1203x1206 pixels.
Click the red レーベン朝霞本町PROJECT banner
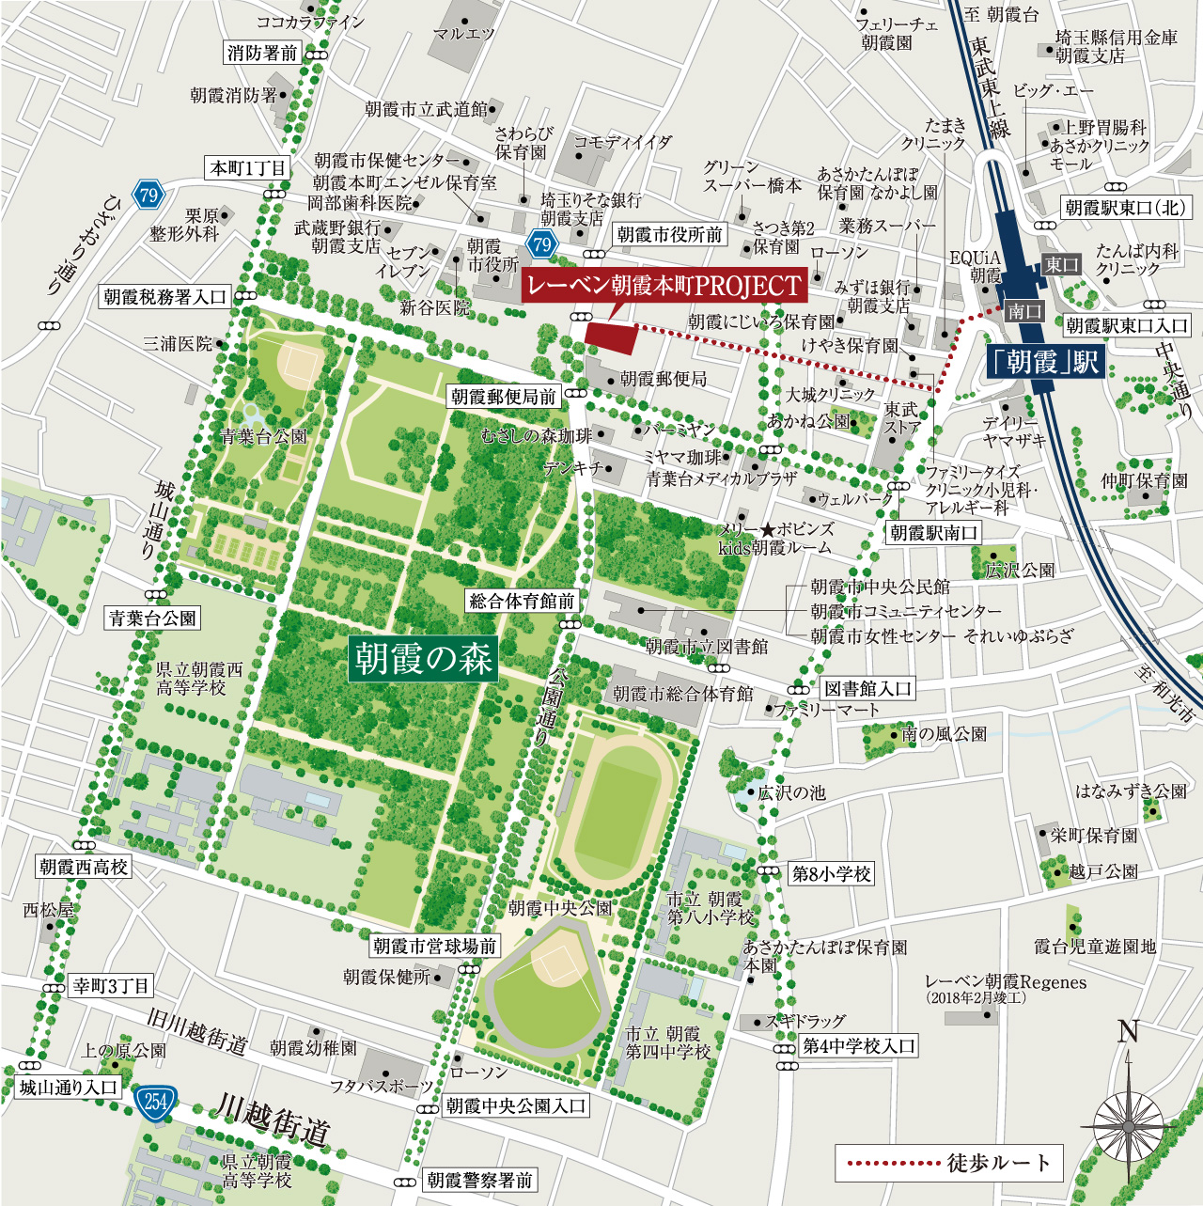click(664, 286)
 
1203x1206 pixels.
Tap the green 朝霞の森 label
click(423, 658)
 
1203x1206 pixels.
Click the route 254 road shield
click(155, 1101)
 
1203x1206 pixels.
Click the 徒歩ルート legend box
click(949, 1163)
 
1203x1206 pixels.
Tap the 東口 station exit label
click(1061, 265)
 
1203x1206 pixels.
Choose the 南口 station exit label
click(1023, 311)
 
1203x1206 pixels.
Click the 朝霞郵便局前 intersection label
click(504, 397)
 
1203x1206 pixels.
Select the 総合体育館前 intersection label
click(522, 601)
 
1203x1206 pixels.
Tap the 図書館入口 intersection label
click(867, 689)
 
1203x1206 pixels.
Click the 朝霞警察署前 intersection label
click(479, 1180)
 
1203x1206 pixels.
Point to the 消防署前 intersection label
click(262, 53)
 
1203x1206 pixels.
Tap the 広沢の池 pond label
click(791, 792)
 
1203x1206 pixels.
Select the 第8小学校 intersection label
click(831, 873)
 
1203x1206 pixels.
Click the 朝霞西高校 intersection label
click(83, 867)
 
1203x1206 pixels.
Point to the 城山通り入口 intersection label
click(69, 1088)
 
